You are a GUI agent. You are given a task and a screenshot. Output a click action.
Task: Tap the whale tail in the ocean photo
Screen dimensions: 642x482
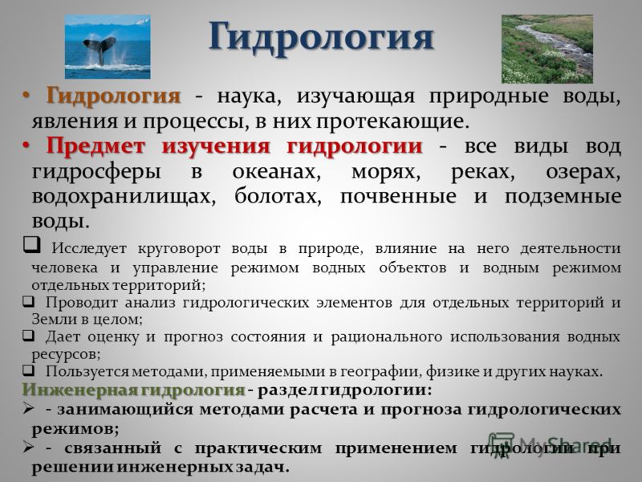pos(100,49)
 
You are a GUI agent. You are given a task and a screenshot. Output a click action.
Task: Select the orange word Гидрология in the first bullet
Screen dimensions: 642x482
pos(113,96)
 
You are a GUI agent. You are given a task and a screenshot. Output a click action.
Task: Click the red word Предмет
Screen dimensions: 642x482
pos(95,146)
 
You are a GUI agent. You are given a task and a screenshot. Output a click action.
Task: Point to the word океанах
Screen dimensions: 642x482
pos(276,171)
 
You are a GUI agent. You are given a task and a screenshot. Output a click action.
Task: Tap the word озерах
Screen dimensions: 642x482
pos(583,172)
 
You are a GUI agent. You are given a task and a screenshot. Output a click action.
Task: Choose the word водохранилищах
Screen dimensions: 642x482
pos(124,197)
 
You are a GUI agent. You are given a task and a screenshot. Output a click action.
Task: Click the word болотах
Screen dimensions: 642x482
pos(278,196)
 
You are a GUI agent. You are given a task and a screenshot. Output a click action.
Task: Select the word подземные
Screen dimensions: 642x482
pos(563,197)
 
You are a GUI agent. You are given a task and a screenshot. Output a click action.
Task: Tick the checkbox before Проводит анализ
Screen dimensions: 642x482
pos(28,302)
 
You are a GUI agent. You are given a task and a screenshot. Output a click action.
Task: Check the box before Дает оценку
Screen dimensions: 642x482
pos(28,336)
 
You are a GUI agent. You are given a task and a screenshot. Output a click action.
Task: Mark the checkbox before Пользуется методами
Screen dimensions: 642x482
pos(28,370)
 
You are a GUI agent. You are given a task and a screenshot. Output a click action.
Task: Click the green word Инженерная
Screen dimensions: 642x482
pos(80,390)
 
